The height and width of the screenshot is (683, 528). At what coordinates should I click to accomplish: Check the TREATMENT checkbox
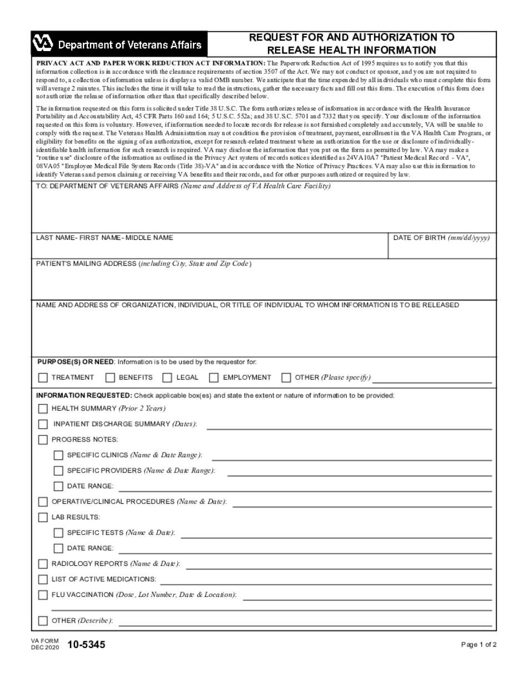point(43,378)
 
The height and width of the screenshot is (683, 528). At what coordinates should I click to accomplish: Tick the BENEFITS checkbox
point(110,378)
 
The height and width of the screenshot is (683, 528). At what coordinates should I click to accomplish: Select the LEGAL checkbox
point(167,378)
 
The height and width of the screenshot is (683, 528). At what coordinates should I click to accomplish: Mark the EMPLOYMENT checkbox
point(214,378)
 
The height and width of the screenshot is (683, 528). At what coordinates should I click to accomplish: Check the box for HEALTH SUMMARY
point(43,409)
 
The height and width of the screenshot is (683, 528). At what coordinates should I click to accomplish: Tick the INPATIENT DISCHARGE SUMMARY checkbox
point(43,424)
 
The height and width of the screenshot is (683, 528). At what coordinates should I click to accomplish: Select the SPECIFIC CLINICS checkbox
point(58,455)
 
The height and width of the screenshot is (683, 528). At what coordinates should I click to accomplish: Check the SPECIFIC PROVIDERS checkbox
point(58,471)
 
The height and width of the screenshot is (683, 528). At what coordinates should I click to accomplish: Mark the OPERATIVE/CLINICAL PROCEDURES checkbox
point(43,502)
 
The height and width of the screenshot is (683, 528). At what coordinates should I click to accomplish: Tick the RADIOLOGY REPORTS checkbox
point(43,564)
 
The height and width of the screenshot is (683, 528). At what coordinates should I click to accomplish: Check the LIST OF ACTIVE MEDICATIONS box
point(43,580)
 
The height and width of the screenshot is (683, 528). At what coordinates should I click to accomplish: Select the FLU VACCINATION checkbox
point(43,595)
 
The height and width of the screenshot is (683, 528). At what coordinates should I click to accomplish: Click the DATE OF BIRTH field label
point(441,238)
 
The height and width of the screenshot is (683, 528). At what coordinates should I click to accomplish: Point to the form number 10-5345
point(86,645)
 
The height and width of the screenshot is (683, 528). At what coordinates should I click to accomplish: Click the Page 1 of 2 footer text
point(479,645)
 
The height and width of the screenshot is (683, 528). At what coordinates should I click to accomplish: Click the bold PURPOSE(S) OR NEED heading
point(75,362)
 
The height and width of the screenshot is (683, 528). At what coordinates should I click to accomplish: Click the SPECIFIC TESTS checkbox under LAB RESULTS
point(58,533)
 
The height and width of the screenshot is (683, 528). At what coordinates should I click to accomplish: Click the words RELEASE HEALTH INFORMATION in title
point(351,50)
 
